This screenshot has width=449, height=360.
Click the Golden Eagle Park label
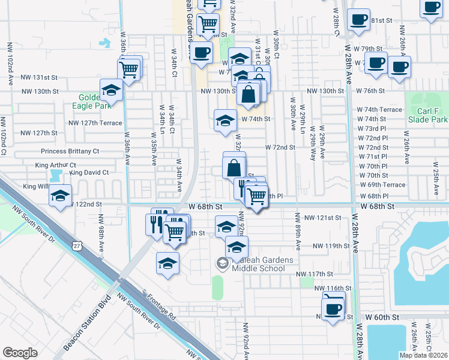93,101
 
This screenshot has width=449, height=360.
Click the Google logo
20,353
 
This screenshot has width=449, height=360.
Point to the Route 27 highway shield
75,246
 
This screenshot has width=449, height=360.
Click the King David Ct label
89,173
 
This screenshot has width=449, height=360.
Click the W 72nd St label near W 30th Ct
280,147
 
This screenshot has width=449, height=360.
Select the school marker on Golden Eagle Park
111,90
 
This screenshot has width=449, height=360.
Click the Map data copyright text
423,355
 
